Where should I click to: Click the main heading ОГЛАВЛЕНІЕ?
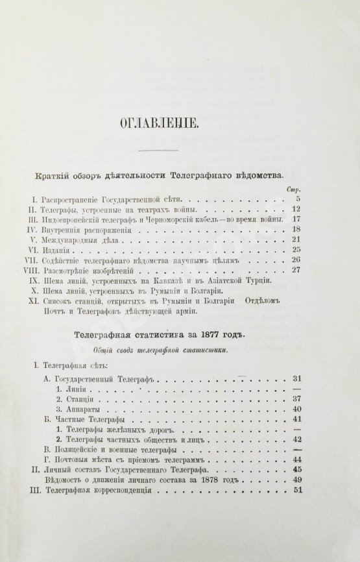[180, 123]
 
